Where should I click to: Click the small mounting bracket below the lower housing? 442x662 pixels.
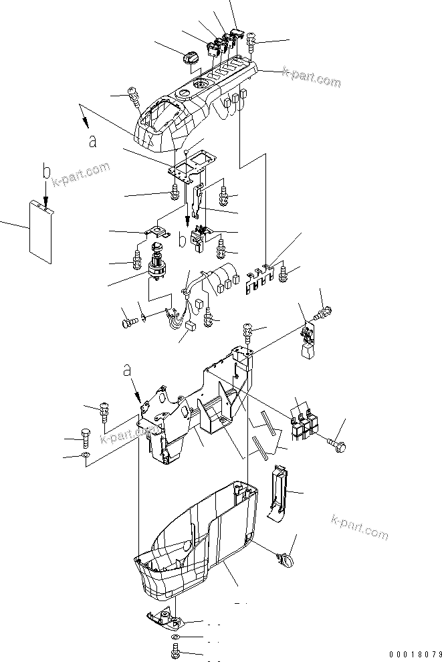164,620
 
